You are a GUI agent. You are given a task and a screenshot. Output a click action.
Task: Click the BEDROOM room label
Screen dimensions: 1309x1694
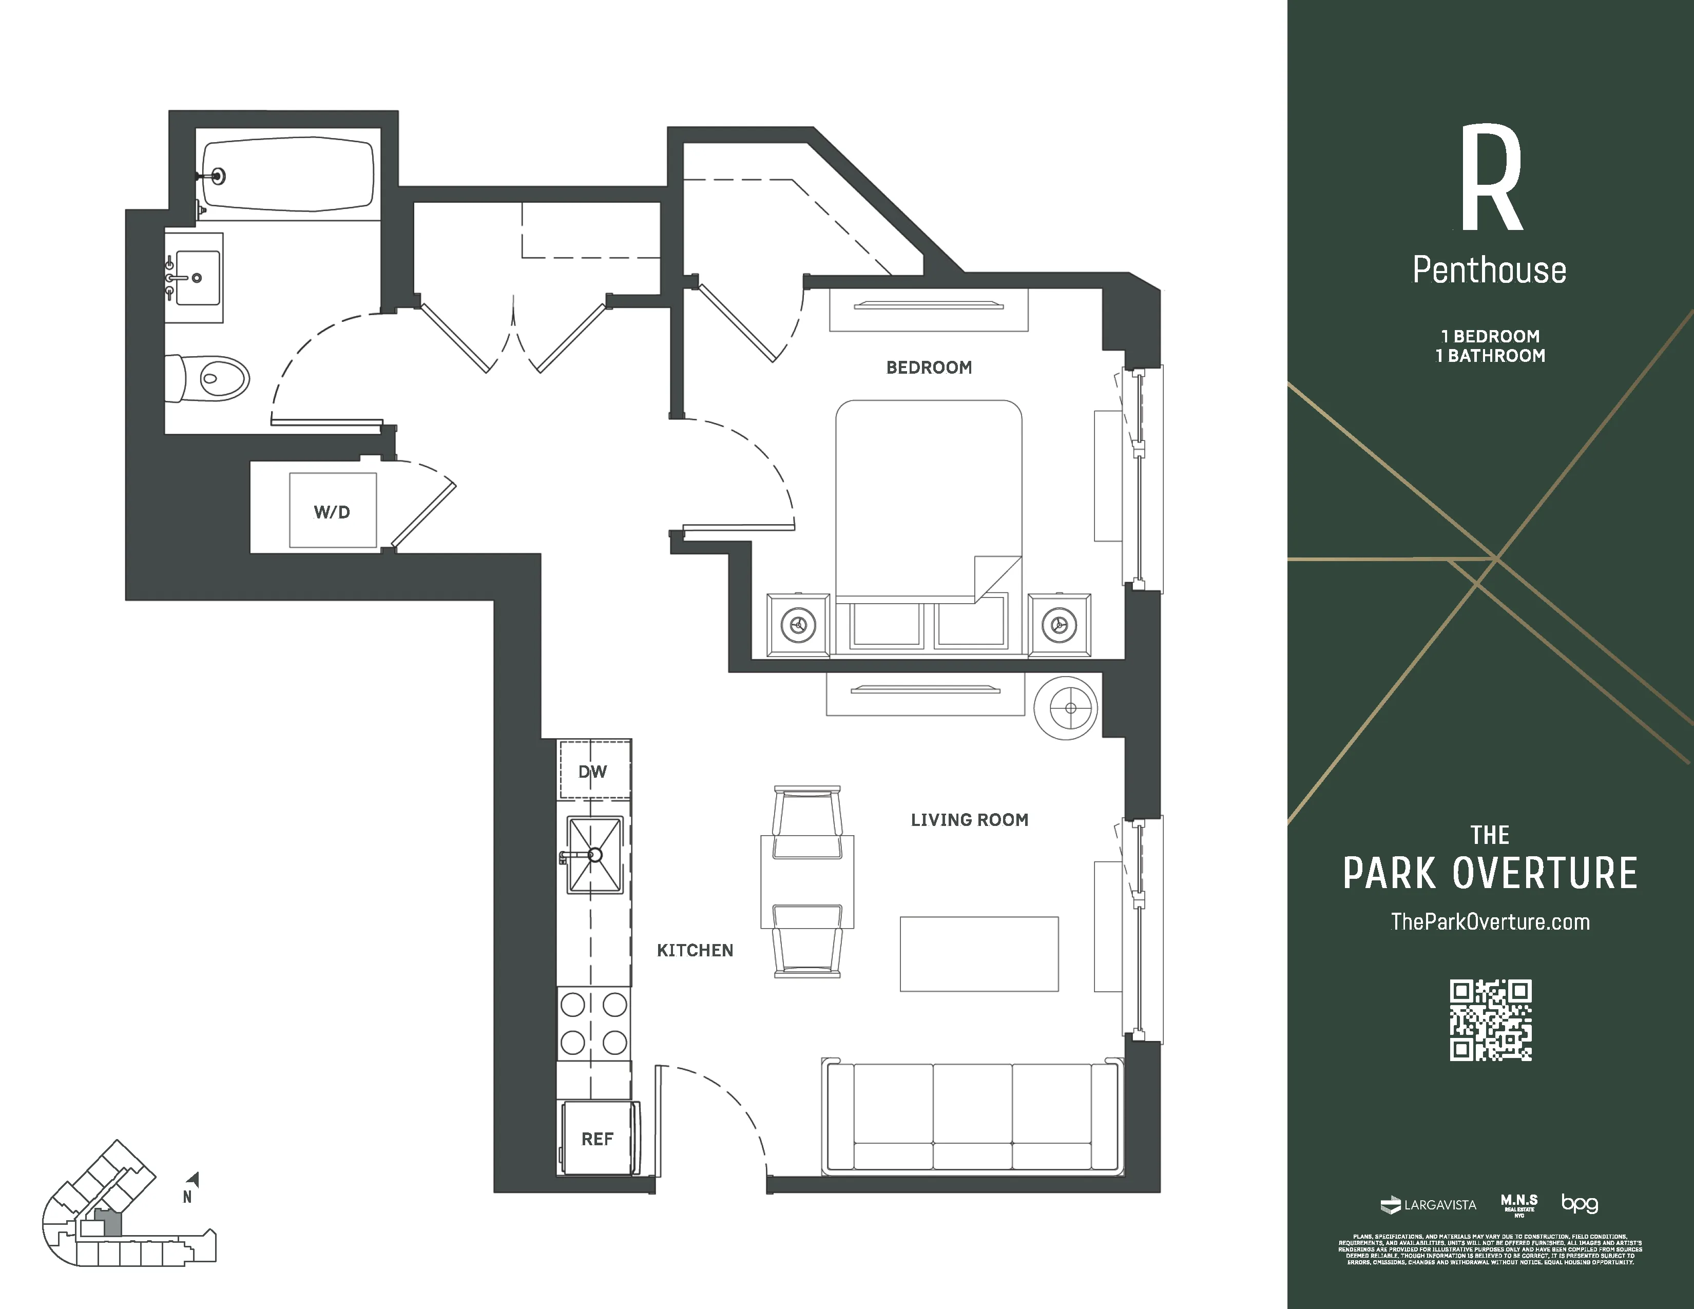pyautogui.click(x=929, y=368)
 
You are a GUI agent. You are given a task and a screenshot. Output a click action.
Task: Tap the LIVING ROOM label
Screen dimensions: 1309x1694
pyautogui.click(x=969, y=820)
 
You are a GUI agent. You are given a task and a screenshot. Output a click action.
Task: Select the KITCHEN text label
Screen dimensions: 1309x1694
pyautogui.click(x=694, y=950)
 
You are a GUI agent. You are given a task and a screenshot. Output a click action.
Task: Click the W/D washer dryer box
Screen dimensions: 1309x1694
pyautogui.click(x=333, y=511)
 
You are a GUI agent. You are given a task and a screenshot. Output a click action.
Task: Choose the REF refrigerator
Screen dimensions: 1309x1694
pyautogui.click(x=597, y=1139)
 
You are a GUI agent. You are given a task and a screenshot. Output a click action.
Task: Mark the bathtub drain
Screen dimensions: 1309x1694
pyautogui.click(x=219, y=176)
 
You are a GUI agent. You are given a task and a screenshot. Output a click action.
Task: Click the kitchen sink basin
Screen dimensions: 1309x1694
pyautogui.click(x=595, y=855)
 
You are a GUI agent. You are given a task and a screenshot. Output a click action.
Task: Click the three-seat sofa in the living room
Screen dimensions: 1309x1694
pyautogui.click(x=973, y=1116)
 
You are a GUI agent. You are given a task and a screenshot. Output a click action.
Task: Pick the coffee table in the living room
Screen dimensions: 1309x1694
pyautogui.click(x=979, y=954)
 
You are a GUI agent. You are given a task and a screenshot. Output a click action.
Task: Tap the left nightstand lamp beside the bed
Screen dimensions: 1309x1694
pyautogui.click(x=798, y=624)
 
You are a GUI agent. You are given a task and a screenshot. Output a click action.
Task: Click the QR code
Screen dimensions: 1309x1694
pyautogui.click(x=1490, y=1020)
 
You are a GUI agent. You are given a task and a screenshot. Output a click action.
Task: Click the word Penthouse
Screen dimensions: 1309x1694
pyautogui.click(x=1489, y=271)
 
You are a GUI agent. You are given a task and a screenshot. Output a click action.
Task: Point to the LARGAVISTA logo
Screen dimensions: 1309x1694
pyautogui.click(x=1429, y=1205)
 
